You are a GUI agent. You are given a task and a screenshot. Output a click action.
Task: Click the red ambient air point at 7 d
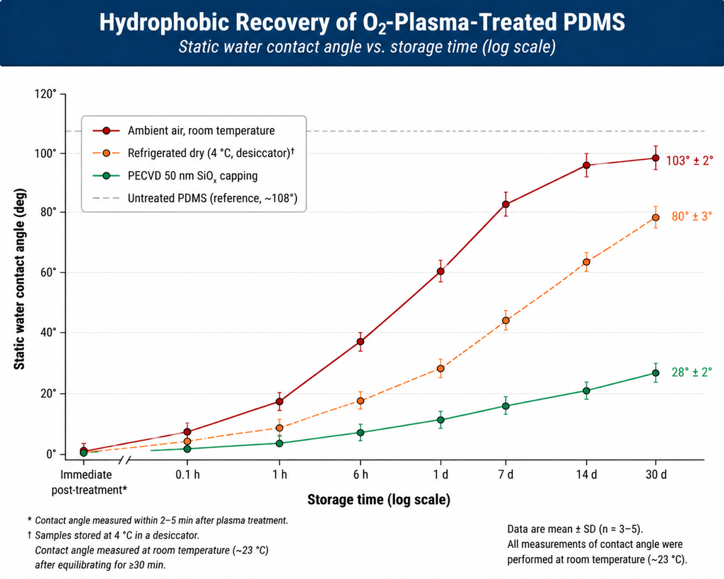pos(506,204)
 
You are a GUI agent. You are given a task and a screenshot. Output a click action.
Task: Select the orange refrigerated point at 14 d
pos(586,262)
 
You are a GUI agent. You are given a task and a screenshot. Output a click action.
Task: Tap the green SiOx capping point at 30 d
pos(655,373)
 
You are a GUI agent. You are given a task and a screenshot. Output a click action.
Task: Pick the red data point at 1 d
pos(440,271)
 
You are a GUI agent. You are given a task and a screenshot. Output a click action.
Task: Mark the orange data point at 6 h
pos(360,401)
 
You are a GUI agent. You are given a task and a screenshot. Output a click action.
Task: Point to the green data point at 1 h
pos(279,443)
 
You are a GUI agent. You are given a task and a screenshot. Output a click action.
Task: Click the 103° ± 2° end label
pos(689,160)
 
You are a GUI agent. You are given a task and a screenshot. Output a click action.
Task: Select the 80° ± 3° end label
pos(691,216)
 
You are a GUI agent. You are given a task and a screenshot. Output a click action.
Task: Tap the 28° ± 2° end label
pos(691,372)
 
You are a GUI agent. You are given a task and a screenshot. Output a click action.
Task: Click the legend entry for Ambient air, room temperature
pos(201,131)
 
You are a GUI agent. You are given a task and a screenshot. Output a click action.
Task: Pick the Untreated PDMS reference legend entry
pos(211,199)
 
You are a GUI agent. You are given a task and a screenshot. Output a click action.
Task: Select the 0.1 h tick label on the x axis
pos(187,474)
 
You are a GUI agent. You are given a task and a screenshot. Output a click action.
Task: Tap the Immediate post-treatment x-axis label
pos(94,481)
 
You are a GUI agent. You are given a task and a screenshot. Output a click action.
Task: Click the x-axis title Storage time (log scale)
pos(378,501)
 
